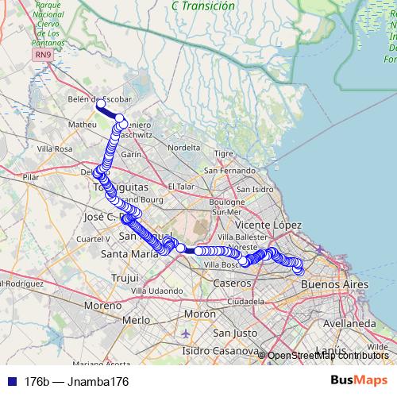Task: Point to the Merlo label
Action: click(137, 320)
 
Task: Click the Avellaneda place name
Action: click(349, 324)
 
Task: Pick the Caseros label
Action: click(233, 283)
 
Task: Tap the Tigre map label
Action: click(225, 153)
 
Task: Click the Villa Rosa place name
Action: click(55, 148)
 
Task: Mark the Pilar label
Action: click(32, 177)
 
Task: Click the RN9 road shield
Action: click(42, 54)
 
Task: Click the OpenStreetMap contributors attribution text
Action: click(328, 356)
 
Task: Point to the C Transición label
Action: click(203, 6)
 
